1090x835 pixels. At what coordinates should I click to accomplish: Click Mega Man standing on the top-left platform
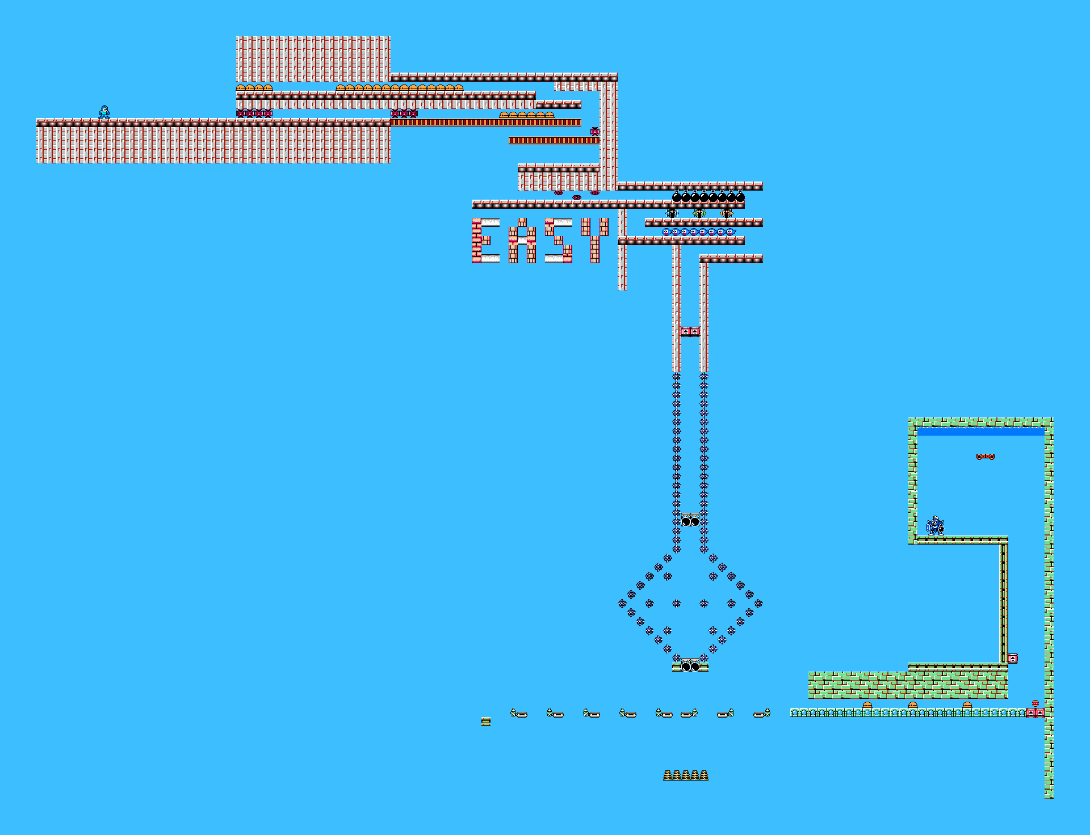[x=104, y=112]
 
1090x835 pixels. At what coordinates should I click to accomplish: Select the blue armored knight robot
[x=935, y=526]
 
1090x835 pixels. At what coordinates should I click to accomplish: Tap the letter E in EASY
[x=485, y=241]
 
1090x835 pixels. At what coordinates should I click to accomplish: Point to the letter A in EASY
[x=522, y=241]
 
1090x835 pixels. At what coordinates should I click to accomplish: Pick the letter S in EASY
[x=559, y=241]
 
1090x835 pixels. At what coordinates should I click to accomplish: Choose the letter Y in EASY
[x=594, y=241]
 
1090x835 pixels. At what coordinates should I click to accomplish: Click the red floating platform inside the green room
[x=985, y=457]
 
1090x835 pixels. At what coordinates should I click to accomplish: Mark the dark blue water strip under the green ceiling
[x=980, y=432]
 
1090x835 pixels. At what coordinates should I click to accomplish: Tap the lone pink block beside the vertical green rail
[x=1012, y=659]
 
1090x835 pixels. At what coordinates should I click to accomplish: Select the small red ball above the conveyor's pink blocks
[x=1035, y=703]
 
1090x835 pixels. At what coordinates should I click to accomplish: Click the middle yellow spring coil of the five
[x=686, y=775]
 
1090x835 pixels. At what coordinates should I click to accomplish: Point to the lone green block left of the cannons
[x=486, y=722]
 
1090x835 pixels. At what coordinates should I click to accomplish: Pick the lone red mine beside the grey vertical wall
[x=594, y=132]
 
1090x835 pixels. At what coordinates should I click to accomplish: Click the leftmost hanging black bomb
[x=677, y=197]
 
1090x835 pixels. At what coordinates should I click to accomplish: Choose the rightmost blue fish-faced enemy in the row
[x=730, y=232]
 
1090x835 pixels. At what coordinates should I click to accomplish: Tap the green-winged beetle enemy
[x=699, y=213]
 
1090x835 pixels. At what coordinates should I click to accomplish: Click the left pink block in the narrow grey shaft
[x=686, y=332]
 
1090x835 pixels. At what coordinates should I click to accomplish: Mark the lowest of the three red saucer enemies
[x=576, y=197]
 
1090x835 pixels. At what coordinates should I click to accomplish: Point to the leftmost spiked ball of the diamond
[x=622, y=604]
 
